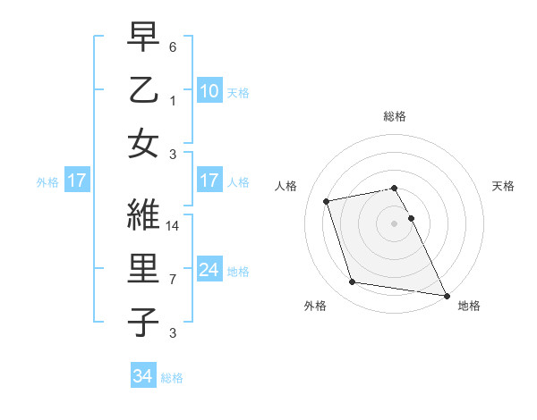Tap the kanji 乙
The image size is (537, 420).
click(x=143, y=92)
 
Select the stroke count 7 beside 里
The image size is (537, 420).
click(x=173, y=280)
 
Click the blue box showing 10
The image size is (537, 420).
click(x=209, y=90)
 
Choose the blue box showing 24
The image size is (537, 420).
click(x=209, y=270)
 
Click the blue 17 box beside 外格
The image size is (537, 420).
click(x=76, y=181)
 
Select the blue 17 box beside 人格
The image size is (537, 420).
click(x=209, y=181)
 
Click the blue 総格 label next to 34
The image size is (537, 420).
click(x=172, y=378)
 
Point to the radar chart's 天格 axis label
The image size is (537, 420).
click(x=503, y=186)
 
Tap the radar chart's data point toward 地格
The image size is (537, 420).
click(x=446, y=295)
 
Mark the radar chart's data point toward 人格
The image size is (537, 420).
click(x=327, y=200)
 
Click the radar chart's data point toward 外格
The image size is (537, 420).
click(x=353, y=282)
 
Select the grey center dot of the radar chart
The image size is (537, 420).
click(x=394, y=223)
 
